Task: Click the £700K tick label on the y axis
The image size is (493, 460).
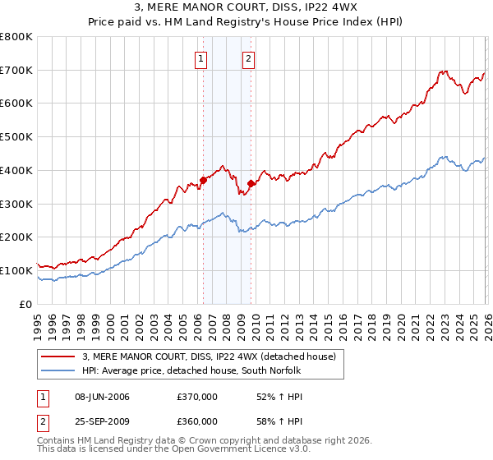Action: (x=16, y=70)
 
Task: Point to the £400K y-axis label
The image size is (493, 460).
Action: (x=16, y=170)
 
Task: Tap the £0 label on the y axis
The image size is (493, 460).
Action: (x=25, y=304)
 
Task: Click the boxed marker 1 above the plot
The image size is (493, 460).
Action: (x=201, y=58)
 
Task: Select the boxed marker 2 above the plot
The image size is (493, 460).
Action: (x=248, y=58)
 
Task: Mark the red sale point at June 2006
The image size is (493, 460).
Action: (x=202, y=180)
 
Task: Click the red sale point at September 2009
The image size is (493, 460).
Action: (x=250, y=183)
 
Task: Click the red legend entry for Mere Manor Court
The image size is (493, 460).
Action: (x=209, y=356)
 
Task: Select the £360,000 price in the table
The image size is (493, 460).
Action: (x=197, y=420)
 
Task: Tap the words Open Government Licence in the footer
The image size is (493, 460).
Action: (x=228, y=451)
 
